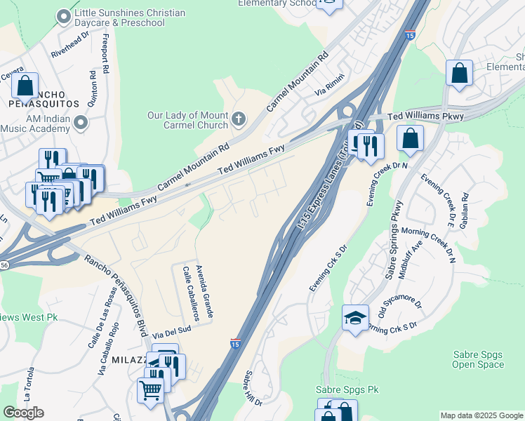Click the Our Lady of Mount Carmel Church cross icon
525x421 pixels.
coord(238,119)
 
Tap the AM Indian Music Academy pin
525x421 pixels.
coord(81,123)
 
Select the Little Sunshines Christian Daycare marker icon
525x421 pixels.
coord(65,15)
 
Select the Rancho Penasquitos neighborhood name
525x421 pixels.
coord(50,98)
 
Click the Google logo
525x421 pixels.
coord(23,413)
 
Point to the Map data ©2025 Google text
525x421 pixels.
coord(481,415)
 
